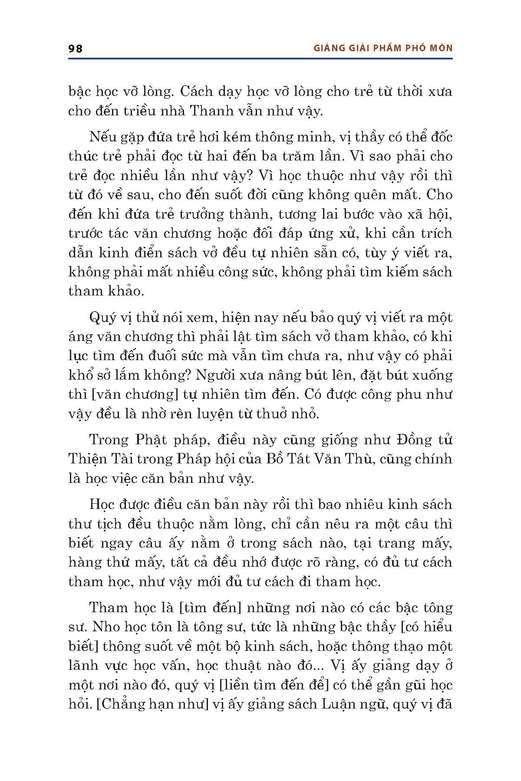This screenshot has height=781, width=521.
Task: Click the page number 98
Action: click(x=76, y=48)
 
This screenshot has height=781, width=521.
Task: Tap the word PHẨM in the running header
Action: click(x=383, y=48)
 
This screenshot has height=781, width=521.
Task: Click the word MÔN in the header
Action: click(x=441, y=48)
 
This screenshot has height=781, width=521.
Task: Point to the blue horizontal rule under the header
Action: click(x=260, y=59)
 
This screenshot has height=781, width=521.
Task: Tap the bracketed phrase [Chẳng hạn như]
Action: click(x=150, y=704)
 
